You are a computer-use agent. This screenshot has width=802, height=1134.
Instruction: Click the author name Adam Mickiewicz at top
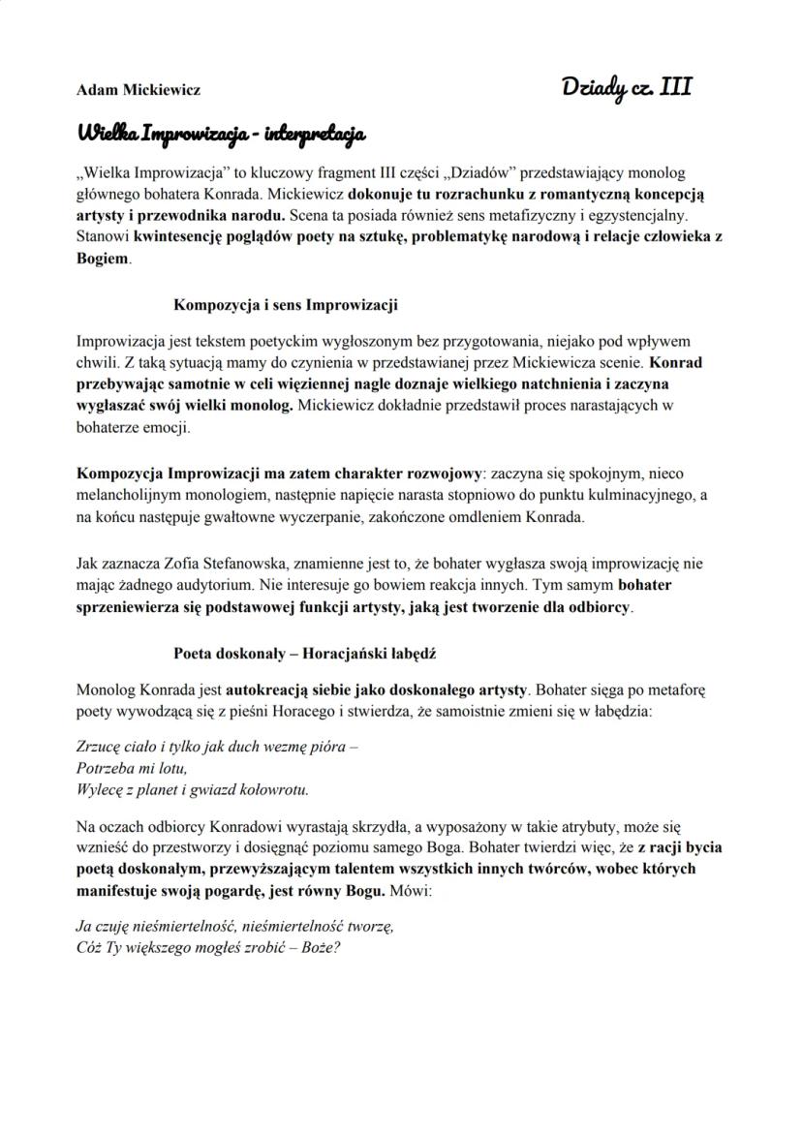(138, 90)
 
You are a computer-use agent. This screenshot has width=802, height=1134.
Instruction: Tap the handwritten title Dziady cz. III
(627, 87)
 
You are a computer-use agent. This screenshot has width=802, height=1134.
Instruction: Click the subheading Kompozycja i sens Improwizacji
(286, 305)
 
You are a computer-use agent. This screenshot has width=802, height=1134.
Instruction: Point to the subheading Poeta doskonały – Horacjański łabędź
(305, 654)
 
